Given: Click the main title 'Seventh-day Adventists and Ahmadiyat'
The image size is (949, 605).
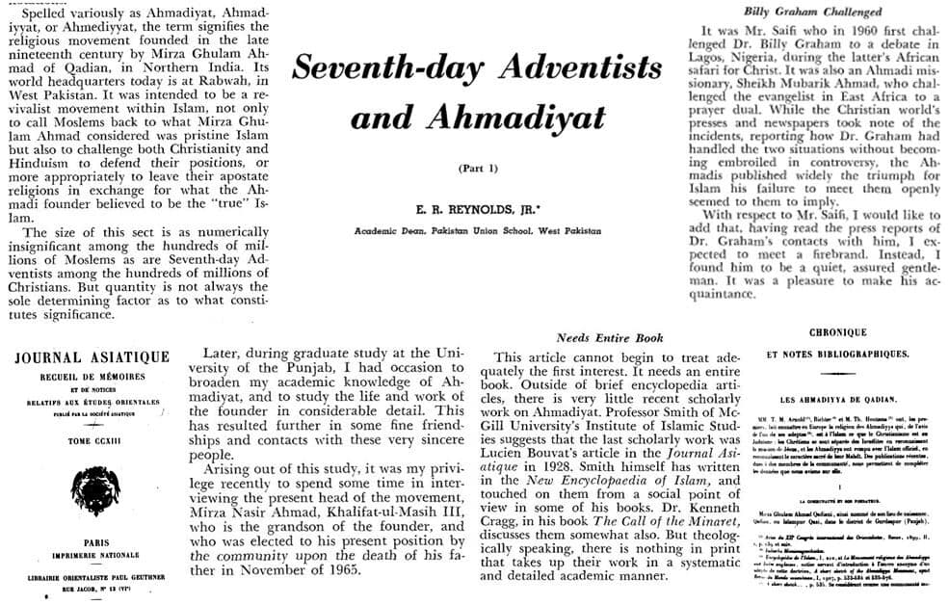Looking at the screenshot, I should click(x=478, y=92).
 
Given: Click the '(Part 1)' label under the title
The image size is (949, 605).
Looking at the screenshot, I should click(x=477, y=169).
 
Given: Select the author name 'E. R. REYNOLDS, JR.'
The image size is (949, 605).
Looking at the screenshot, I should click(x=477, y=209).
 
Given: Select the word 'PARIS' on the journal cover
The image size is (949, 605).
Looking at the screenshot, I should click(x=92, y=542).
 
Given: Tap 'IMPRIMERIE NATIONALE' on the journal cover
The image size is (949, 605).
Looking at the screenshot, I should click(x=92, y=556).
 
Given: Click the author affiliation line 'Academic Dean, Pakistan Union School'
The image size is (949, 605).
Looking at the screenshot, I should click(x=477, y=231).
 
